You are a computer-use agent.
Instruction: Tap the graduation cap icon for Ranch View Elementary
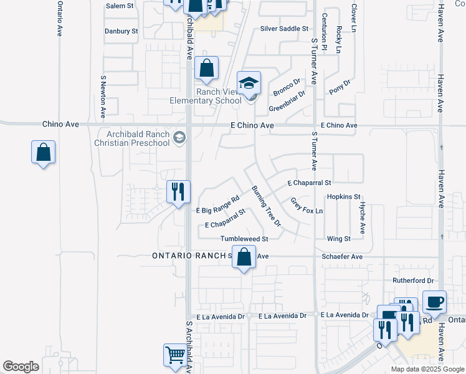point(249,83)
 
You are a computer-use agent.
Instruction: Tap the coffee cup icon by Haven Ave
point(434,302)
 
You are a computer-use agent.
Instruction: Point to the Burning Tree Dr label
point(267,206)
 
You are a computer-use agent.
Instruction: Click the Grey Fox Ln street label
point(307,206)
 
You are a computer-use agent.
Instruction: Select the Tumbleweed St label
point(244,239)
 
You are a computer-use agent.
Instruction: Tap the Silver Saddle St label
point(284,29)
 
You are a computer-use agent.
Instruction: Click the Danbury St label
point(121,31)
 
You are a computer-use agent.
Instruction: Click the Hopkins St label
point(344,196)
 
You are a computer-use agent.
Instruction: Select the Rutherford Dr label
point(412,281)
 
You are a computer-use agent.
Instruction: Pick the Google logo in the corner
point(21,367)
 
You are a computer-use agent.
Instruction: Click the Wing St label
point(339,239)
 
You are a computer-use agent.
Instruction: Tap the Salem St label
point(120,6)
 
